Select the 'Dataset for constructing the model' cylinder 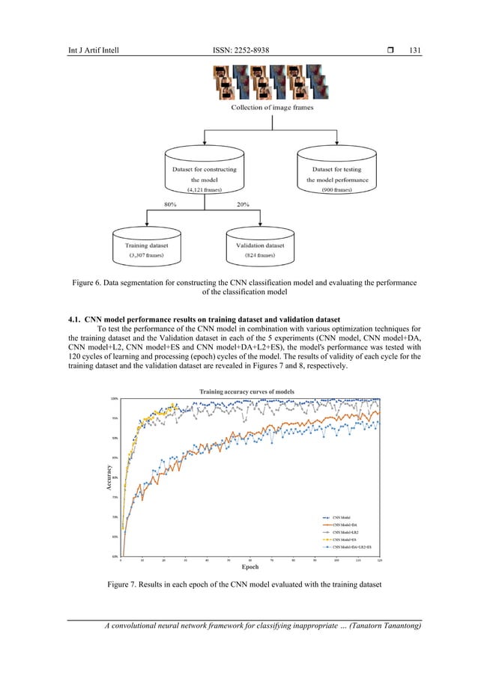pos(199,174)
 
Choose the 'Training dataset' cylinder pos(146,248)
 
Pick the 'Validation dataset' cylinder pos(260,248)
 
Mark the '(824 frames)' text pos(260,256)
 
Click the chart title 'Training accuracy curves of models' pos(246,391)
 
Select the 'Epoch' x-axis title pos(250,567)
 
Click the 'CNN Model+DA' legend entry pos(344,525)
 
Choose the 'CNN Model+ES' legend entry pos(344,540)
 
